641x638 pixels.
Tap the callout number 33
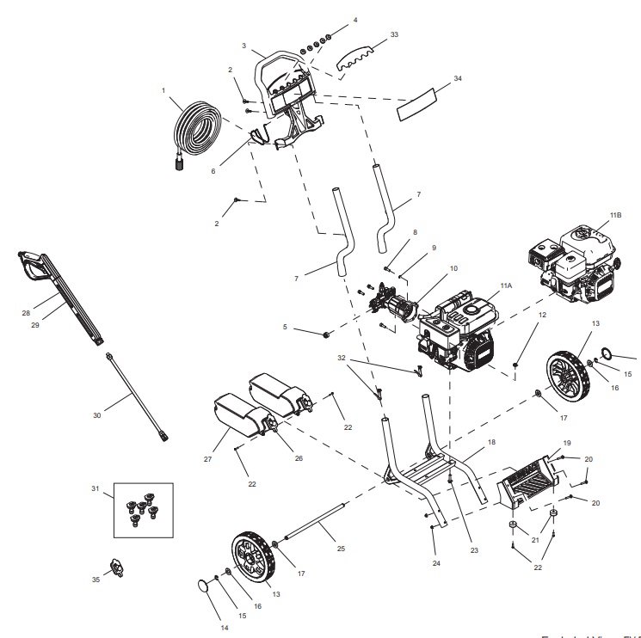pos(394,35)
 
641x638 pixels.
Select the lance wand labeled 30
pos(135,396)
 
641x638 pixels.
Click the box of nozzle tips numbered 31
pos(143,509)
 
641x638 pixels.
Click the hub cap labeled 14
pos(204,586)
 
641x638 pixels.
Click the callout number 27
pos(207,460)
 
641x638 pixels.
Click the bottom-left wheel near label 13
pos(250,558)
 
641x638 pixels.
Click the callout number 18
pos(491,442)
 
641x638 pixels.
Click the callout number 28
pos(25,313)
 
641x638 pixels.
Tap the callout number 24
pos(437,564)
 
